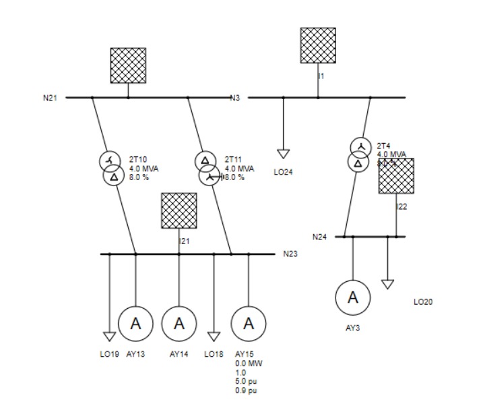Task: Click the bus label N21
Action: pyautogui.click(x=51, y=98)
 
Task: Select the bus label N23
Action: pyautogui.click(x=290, y=254)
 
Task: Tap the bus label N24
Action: pyautogui.click(x=319, y=237)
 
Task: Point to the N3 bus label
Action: pyautogui.click(x=235, y=98)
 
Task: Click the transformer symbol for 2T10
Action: pyautogui.click(x=112, y=169)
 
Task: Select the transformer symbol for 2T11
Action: pyautogui.click(x=207, y=169)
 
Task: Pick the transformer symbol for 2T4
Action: pyautogui.click(x=360, y=154)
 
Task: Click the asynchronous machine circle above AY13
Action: pyautogui.click(x=135, y=324)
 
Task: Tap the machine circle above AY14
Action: pyautogui.click(x=179, y=324)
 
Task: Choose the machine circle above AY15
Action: pyautogui.click(x=249, y=324)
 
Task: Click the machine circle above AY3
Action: pyautogui.click(x=353, y=297)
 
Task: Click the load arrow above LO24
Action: pyautogui.click(x=283, y=154)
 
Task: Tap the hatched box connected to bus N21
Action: pyautogui.click(x=128, y=65)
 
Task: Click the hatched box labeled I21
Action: pyautogui.click(x=179, y=210)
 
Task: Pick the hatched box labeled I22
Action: pyautogui.click(x=396, y=176)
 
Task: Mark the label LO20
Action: pyautogui.click(x=423, y=301)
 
